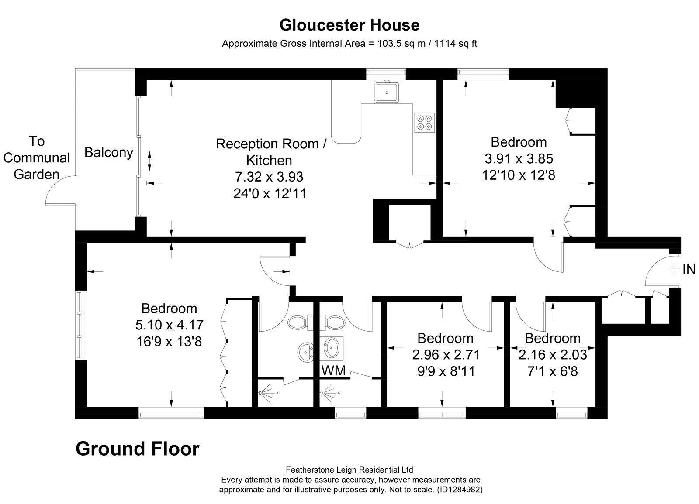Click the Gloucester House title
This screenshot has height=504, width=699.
click(x=349, y=25)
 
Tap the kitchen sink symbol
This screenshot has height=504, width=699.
click(x=386, y=92)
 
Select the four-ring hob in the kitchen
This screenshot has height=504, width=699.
click(x=425, y=122)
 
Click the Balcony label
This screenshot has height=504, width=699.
click(x=109, y=152)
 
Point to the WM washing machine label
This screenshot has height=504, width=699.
click(x=333, y=371)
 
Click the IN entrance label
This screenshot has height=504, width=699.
click(x=689, y=270)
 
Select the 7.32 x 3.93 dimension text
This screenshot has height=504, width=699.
click(x=269, y=177)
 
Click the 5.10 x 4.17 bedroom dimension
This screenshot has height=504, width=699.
click(x=170, y=325)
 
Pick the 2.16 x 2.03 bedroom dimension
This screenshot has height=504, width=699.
click(x=553, y=354)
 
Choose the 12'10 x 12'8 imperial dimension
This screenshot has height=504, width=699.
click(x=519, y=175)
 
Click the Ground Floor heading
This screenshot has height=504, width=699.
click(x=138, y=449)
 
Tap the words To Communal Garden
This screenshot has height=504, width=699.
click(x=37, y=158)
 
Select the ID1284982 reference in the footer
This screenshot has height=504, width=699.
click(x=459, y=490)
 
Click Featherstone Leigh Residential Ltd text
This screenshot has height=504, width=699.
click(x=349, y=470)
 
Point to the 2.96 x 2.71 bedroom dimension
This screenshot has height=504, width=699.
click(x=446, y=354)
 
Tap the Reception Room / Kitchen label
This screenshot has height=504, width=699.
click(x=270, y=152)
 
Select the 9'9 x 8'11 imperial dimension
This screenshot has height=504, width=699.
click(x=446, y=371)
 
